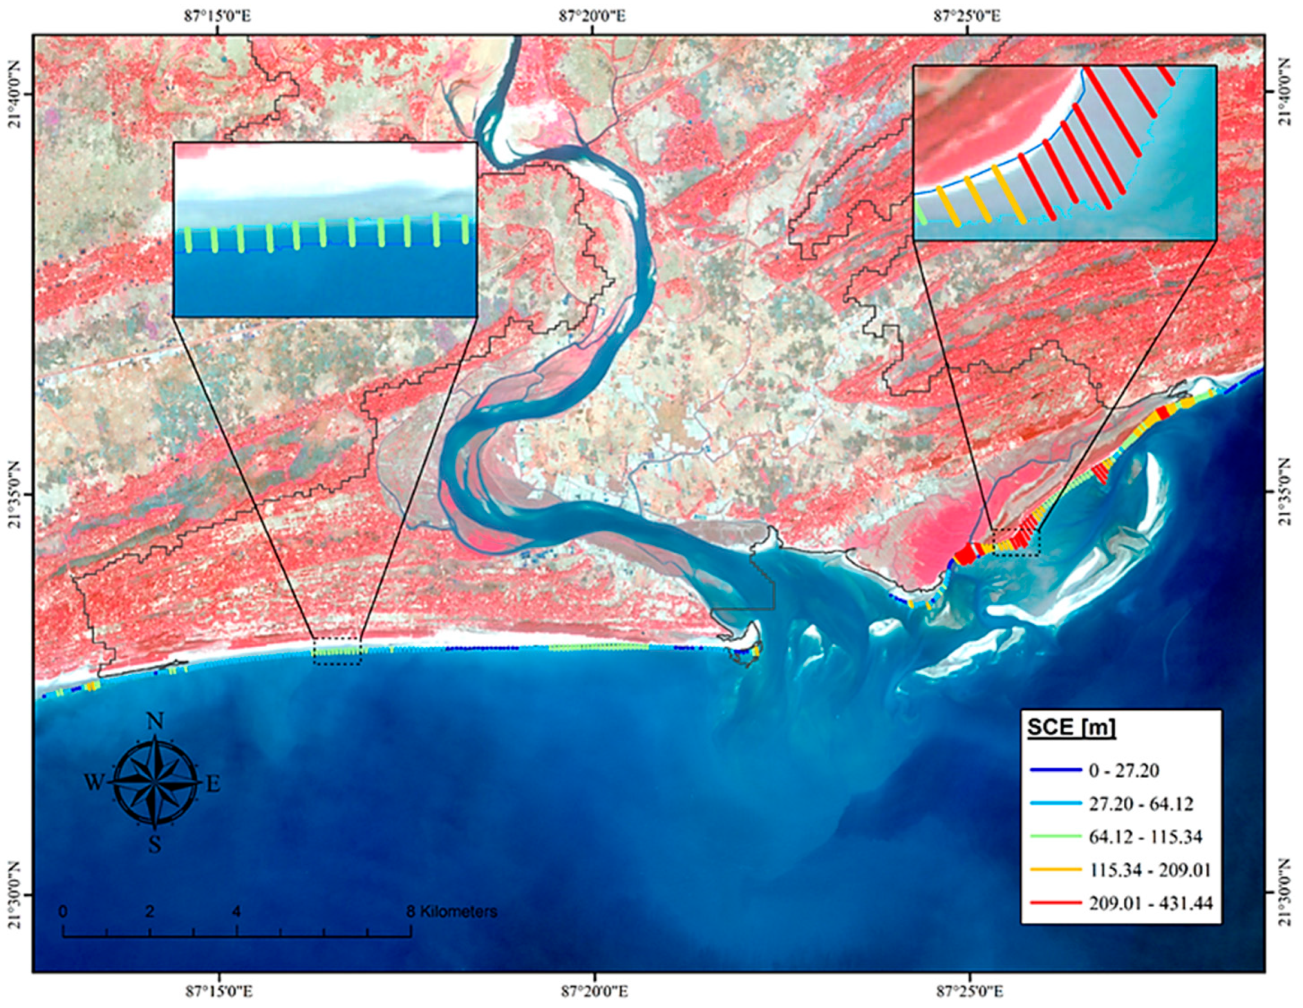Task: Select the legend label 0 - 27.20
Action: pos(1123,771)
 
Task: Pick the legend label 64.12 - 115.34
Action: pos(1145,836)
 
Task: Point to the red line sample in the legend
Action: pos(1055,903)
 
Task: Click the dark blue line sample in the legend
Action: pos(1055,771)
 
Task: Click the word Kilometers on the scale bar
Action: pos(459,911)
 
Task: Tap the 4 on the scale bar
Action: pos(237,911)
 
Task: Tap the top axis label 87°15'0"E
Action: pos(218,16)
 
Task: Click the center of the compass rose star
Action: pos(155,783)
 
